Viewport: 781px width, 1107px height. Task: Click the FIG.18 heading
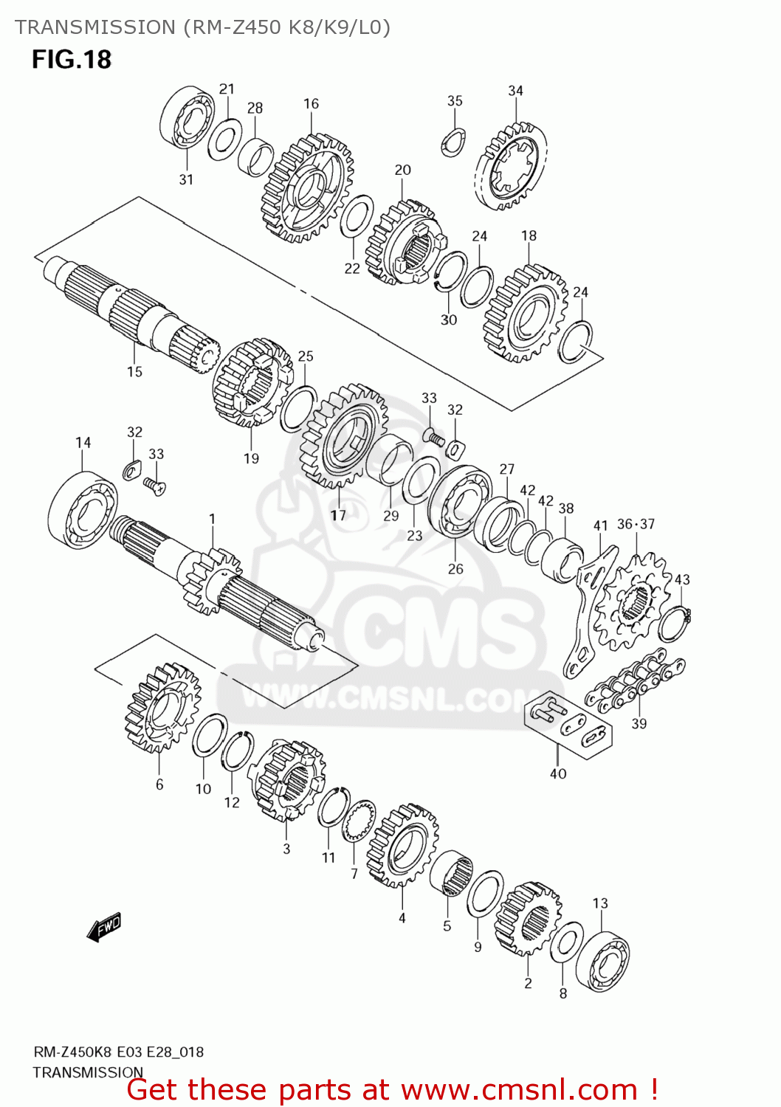pyautogui.click(x=71, y=59)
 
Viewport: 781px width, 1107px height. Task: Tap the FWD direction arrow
pyautogui.click(x=104, y=927)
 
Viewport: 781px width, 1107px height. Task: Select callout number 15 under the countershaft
pyautogui.click(x=134, y=372)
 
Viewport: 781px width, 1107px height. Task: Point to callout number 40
pyautogui.click(x=558, y=773)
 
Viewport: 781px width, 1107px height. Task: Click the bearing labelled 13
pyautogui.click(x=602, y=962)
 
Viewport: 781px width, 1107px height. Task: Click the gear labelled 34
pyautogui.click(x=511, y=167)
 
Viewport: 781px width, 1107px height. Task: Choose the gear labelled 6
pyautogui.click(x=163, y=708)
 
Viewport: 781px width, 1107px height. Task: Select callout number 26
pyautogui.click(x=455, y=569)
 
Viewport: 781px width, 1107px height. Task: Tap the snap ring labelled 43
pyautogui.click(x=672, y=624)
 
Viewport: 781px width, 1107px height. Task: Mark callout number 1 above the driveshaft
pyautogui.click(x=212, y=519)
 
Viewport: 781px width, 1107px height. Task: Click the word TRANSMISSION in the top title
pyautogui.click(x=94, y=27)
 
